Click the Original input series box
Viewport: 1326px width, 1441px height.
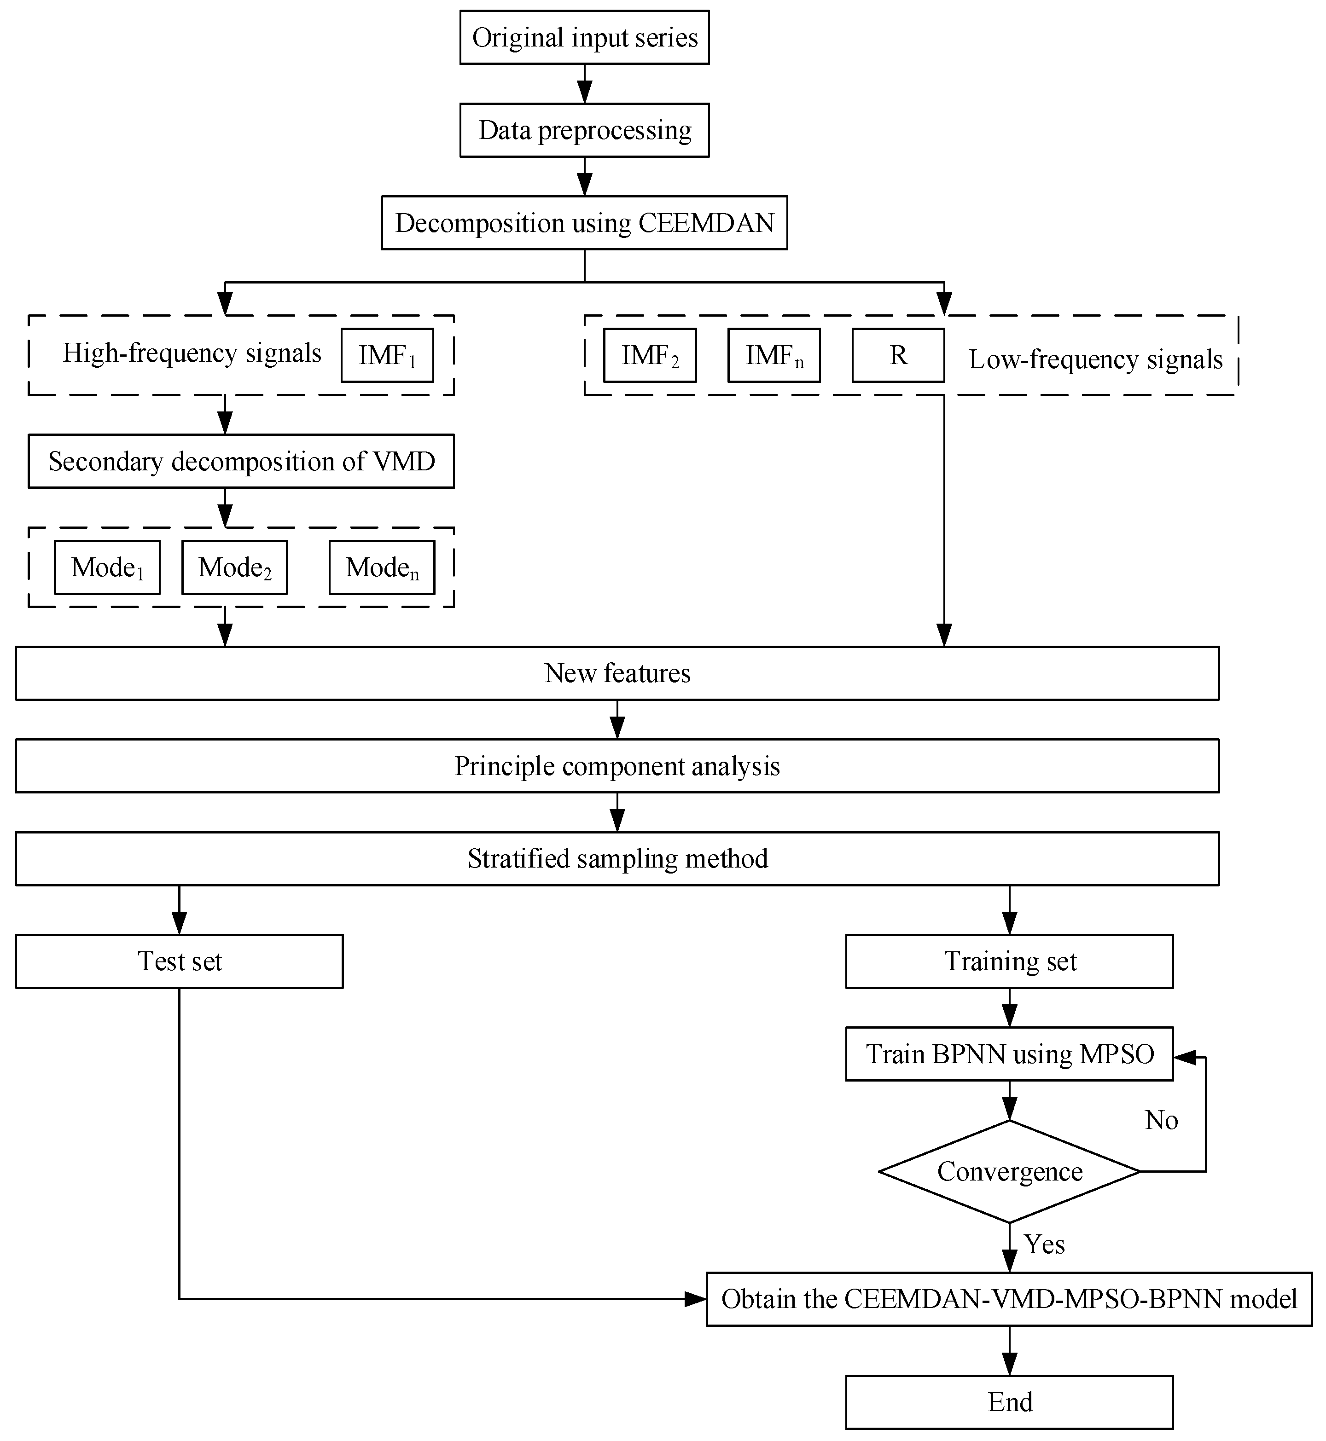tap(584, 37)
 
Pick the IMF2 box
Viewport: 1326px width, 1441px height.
tap(649, 355)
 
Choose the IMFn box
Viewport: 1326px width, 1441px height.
tap(773, 355)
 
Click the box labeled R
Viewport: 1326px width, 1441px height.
tap(898, 355)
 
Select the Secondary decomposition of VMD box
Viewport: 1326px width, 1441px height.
tap(241, 461)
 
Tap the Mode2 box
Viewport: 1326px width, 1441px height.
tap(235, 567)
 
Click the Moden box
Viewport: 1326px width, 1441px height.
tap(382, 567)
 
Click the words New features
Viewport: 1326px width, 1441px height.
tap(617, 673)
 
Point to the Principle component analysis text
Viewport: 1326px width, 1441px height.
tap(617, 766)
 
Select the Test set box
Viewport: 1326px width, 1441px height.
tap(180, 961)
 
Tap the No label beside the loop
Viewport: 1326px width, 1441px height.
tap(1161, 1120)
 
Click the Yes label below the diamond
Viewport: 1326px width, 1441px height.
tap(1044, 1244)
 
